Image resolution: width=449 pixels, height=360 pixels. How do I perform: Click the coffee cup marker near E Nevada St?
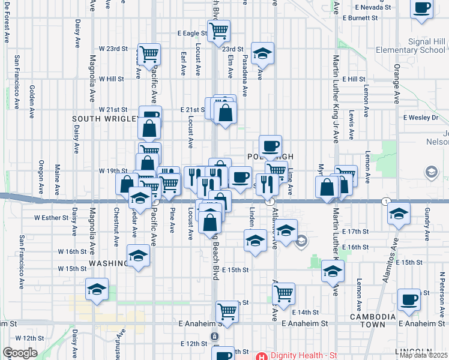422,9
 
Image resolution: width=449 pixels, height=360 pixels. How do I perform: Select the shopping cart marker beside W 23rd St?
149,54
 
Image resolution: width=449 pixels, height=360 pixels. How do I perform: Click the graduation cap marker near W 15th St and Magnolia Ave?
97,289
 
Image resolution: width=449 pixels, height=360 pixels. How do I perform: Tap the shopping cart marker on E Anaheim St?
228,310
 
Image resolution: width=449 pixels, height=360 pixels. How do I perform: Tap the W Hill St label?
111,79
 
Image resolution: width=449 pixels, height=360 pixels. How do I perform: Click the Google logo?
20,353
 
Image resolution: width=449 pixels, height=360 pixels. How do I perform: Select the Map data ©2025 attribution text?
424,355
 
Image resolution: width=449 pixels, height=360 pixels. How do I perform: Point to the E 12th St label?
193,344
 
